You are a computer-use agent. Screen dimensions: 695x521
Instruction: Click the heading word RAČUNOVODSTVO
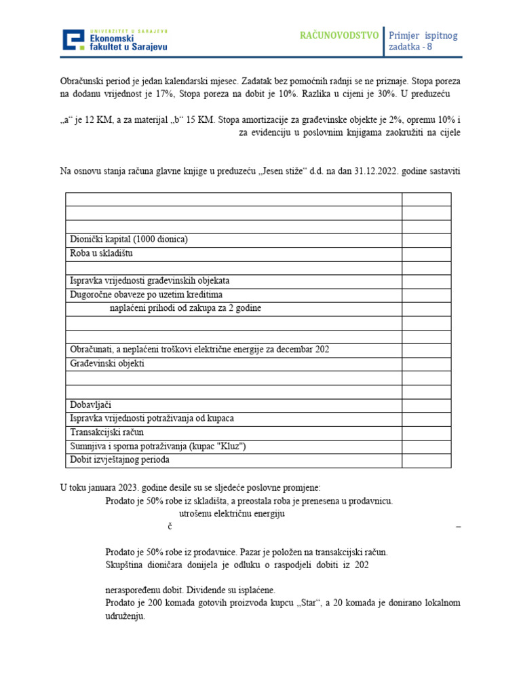pyautogui.click(x=339, y=35)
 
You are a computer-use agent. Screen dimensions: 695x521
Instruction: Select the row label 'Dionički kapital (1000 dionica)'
pyautogui.click(x=129, y=240)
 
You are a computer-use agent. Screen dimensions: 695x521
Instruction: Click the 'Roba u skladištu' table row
pyautogui.click(x=102, y=253)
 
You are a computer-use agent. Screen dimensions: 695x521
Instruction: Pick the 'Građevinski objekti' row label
pyautogui.click(x=107, y=364)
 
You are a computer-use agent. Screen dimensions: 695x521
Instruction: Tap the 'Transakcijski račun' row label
pyautogui.click(x=107, y=432)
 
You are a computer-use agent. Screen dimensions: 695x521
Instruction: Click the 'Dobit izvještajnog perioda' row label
pyautogui.click(x=119, y=460)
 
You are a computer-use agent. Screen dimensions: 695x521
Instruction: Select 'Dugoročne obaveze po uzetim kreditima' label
pyautogui.click(x=146, y=295)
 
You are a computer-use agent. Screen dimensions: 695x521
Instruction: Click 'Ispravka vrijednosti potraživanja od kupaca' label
pyautogui.click(x=152, y=419)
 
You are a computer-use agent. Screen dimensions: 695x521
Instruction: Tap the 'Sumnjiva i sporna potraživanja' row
pyautogui.click(x=157, y=447)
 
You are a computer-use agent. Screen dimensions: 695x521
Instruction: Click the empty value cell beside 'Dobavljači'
pyautogui.click(x=426, y=405)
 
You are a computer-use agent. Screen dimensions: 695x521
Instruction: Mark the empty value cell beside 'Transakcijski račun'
pyautogui.click(x=426, y=432)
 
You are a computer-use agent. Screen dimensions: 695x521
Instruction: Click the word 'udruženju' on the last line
pyautogui.click(x=125, y=617)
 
